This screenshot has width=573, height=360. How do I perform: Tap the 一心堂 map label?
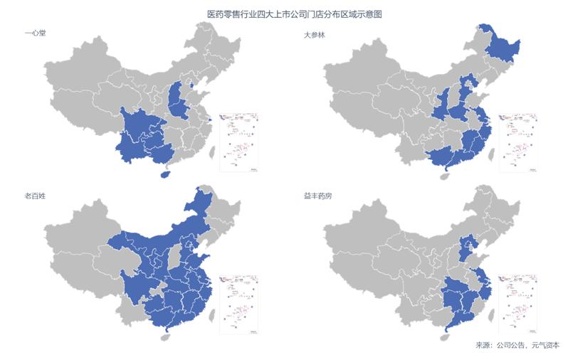click(x=36, y=33)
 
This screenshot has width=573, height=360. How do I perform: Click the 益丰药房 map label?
click(x=318, y=194)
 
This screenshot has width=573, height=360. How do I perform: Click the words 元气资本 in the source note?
click(x=545, y=345)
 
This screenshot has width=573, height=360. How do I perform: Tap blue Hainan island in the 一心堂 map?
click(x=167, y=172)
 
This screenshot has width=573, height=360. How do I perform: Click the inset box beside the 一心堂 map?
click(x=238, y=142)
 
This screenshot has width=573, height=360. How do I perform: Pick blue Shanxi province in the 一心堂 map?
click(x=178, y=103)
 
